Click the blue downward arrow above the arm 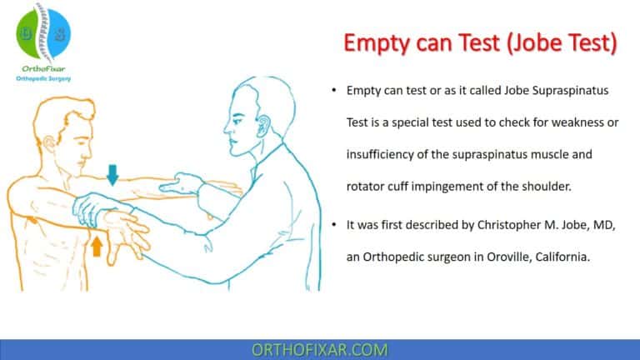(113, 173)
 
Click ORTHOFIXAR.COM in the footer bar (319, 349)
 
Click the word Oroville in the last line (497, 258)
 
